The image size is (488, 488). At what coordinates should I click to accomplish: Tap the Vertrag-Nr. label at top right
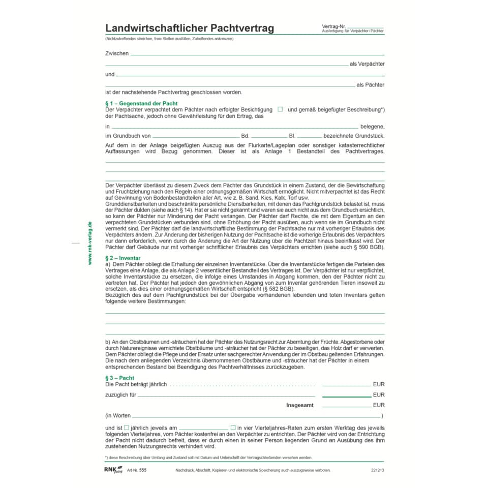pyautogui.click(x=333, y=26)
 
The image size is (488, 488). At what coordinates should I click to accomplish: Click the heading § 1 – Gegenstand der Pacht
pyautogui.click(x=141, y=103)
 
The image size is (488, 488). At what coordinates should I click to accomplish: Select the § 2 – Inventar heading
pyautogui.click(x=123, y=258)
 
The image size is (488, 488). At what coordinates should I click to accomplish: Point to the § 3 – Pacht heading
pyautogui.click(x=119, y=378)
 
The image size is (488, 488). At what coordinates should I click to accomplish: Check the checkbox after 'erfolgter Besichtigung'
pyautogui.click(x=280, y=109)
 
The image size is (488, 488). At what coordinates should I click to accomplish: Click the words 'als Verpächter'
pyautogui.click(x=367, y=64)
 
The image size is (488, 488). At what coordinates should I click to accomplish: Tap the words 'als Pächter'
pyautogui.click(x=371, y=85)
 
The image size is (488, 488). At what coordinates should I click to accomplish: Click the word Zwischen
pyautogui.click(x=117, y=53)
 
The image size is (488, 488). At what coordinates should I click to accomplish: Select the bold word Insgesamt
pyautogui.click(x=300, y=405)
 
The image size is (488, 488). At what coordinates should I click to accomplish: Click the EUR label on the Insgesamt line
pyautogui.click(x=379, y=405)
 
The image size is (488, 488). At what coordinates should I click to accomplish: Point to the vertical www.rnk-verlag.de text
pyautogui.click(x=89, y=243)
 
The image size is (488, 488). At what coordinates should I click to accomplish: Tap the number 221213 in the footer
pyautogui.click(x=378, y=470)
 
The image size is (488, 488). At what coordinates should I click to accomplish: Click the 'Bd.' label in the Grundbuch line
pyautogui.click(x=245, y=136)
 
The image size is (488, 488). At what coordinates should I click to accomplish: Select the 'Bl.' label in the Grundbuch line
pyautogui.click(x=292, y=136)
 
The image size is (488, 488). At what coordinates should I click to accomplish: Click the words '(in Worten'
pyautogui.click(x=117, y=415)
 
